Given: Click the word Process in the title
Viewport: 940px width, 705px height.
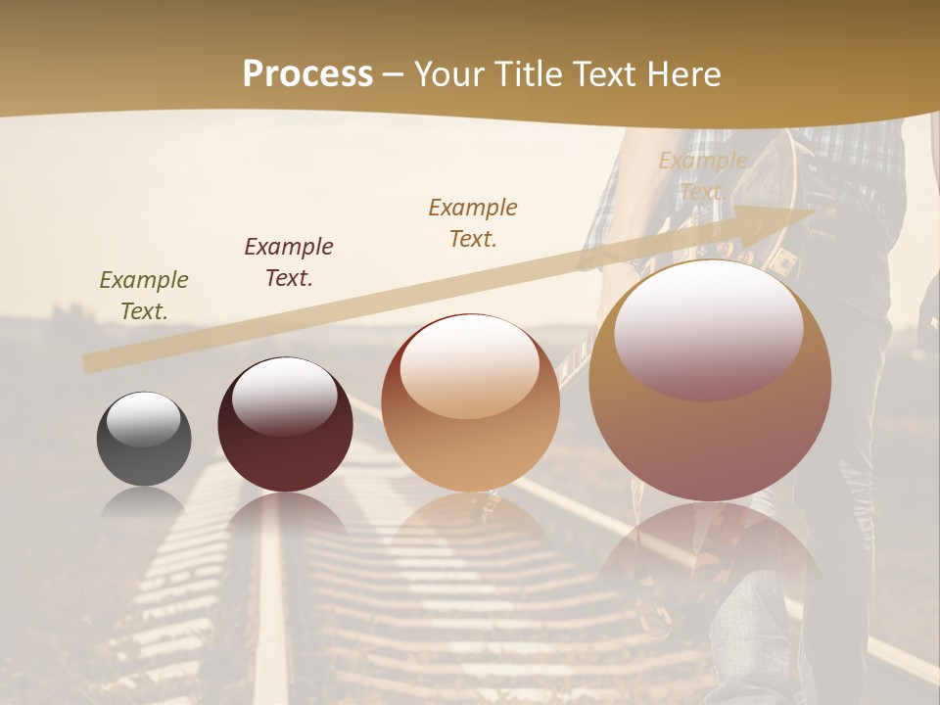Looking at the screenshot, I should point(307,74).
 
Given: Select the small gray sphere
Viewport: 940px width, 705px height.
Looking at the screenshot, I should point(144,439).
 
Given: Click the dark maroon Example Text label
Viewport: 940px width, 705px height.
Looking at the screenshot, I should point(289,262).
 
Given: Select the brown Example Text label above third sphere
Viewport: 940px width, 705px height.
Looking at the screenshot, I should point(473,222).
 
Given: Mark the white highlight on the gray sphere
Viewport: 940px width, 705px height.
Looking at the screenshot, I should point(143,419).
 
